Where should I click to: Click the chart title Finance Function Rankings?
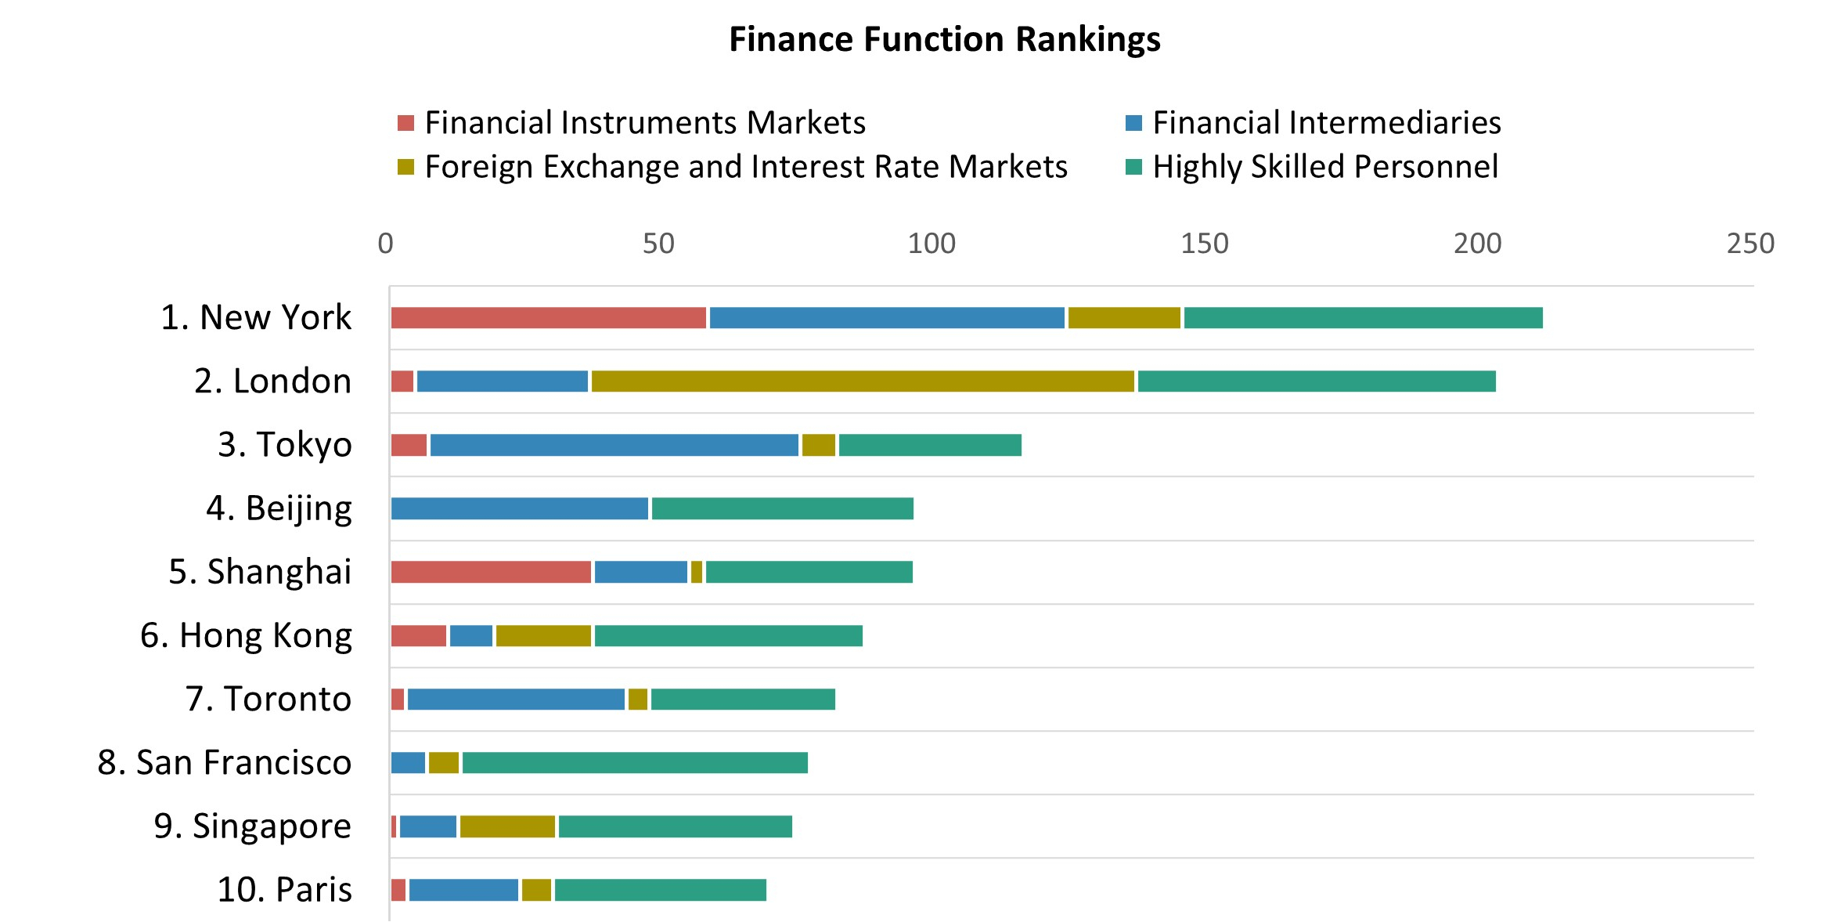tap(944, 39)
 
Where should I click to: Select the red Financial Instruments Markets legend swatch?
tap(405, 123)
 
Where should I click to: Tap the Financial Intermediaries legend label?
tap(1326, 123)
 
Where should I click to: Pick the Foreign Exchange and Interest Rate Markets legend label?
tap(745, 167)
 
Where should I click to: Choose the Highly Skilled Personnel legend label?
tap(1324, 167)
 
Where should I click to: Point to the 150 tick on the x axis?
tap(1204, 244)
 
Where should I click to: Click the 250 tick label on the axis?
tap(1750, 244)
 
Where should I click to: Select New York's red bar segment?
tap(548, 318)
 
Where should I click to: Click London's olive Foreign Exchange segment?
tap(863, 381)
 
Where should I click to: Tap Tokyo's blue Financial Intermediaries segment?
tap(614, 445)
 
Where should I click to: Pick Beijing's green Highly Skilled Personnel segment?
tap(782, 509)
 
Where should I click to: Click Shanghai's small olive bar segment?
tap(697, 573)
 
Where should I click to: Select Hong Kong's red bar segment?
tap(419, 636)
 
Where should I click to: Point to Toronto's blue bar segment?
tap(516, 700)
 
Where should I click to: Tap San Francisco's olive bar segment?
tap(444, 763)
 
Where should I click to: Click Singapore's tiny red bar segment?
tap(394, 826)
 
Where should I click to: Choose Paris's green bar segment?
tap(660, 891)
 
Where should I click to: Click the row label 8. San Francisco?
tap(225, 762)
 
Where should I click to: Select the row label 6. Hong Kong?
tap(246, 635)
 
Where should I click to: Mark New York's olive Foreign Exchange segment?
tap(1124, 318)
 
